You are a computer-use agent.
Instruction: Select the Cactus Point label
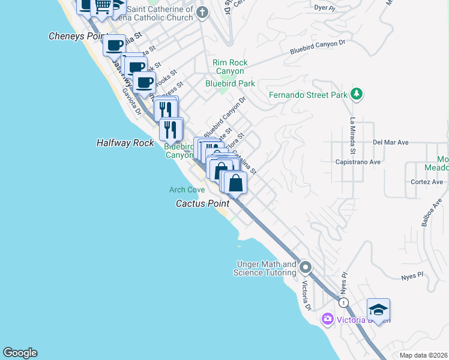tap(202, 203)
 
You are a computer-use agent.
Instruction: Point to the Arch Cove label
tap(187, 190)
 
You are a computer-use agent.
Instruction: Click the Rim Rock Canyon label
tap(230, 67)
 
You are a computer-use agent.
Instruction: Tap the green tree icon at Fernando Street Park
tap(357, 94)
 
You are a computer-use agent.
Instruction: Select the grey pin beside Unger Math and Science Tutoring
tap(306, 267)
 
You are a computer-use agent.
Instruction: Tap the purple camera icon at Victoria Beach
tap(328, 319)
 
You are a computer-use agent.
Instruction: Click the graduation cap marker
tap(378, 310)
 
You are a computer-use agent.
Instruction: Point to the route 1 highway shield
tap(343, 302)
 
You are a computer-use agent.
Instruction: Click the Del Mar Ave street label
tap(390, 143)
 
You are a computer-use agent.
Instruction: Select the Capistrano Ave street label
tap(358, 162)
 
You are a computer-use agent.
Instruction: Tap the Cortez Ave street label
tap(426, 182)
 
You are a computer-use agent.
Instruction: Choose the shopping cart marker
tap(102, 7)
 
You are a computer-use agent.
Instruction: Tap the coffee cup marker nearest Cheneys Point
tap(114, 44)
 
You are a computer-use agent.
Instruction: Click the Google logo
tap(20, 353)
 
